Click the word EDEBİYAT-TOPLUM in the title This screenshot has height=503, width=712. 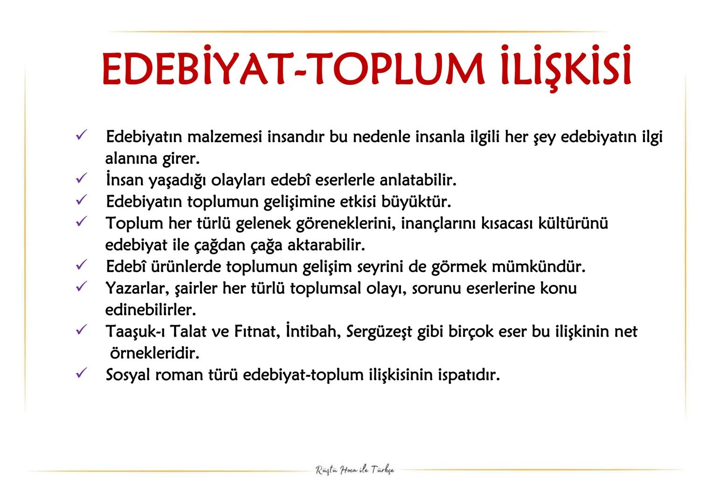click(292, 70)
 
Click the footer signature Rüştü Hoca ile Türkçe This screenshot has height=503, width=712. click(355, 469)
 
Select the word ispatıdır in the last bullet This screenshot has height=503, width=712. click(469, 375)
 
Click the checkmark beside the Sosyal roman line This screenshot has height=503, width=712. click(81, 373)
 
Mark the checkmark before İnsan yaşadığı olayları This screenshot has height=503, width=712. click(81, 178)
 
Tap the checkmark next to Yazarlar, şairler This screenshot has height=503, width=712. click(81, 286)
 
